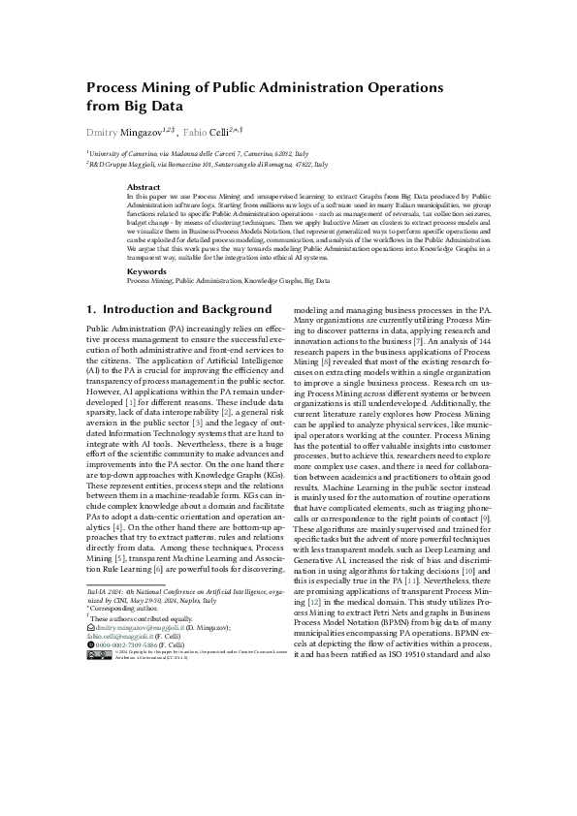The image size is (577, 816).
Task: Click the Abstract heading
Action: click(x=144, y=186)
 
